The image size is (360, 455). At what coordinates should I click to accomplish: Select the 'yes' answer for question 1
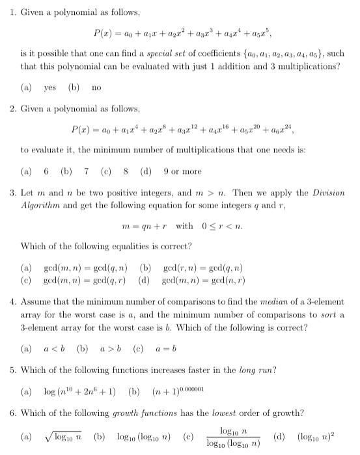point(49,87)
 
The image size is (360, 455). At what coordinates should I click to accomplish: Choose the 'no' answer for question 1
point(96,87)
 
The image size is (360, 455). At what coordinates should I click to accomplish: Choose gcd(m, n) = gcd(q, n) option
point(85,267)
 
